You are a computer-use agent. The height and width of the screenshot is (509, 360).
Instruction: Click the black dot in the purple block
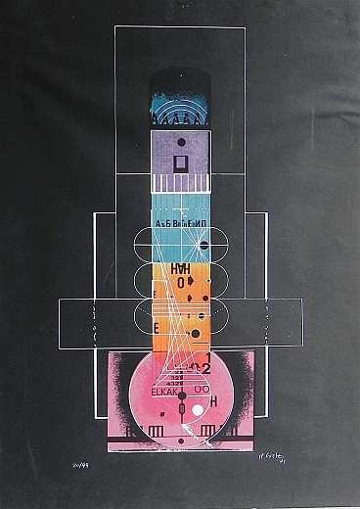[180, 143]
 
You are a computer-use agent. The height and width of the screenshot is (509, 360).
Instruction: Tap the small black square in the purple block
[180, 162]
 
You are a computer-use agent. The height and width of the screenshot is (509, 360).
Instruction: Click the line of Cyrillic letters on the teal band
[180, 223]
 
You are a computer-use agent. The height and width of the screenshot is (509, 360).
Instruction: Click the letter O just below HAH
[182, 282]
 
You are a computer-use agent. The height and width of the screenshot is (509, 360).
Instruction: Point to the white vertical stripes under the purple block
[180, 183]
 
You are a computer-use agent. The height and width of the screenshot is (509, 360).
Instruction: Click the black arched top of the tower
[180, 78]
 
